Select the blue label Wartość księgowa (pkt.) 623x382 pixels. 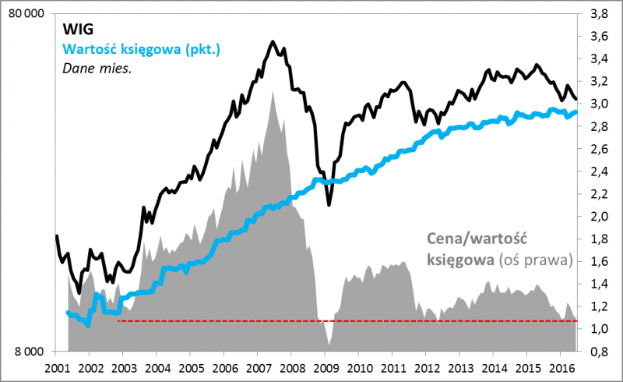pyautogui.click(x=142, y=49)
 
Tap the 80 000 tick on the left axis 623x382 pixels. pyautogui.click(x=29, y=14)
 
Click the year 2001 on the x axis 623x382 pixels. pyautogui.click(x=57, y=366)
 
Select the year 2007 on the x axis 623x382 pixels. pyautogui.click(x=258, y=366)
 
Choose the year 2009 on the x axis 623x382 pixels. pyautogui.click(x=325, y=366)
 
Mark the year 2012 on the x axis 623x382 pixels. pyautogui.click(x=426, y=366)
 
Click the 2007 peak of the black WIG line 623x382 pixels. pyautogui.click(x=273, y=42)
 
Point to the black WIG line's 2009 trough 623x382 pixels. pyautogui.click(x=329, y=204)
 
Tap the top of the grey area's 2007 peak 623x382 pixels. pyautogui.click(x=273, y=92)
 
